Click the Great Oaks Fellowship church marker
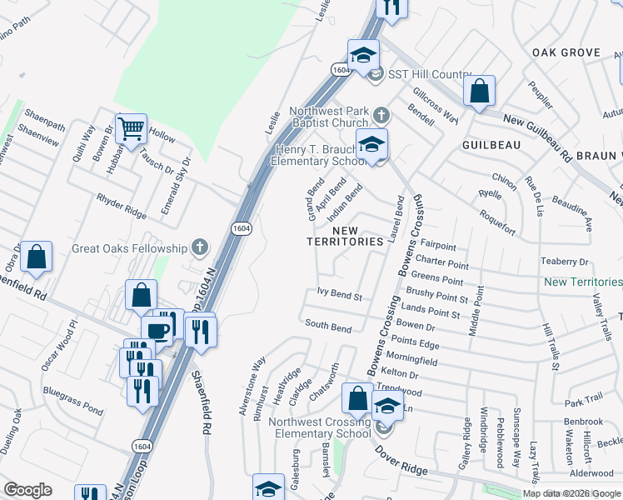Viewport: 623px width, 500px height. pos(198,247)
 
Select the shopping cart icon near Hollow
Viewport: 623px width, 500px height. pos(131,128)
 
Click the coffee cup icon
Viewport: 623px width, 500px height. pos(157,330)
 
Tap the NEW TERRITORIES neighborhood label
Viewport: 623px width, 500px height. pos(357,236)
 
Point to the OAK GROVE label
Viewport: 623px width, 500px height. pos(566,52)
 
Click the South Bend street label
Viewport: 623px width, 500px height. pos(328,326)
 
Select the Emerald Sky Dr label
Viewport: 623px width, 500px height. pos(176,187)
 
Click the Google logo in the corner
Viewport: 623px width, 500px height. pos(27,490)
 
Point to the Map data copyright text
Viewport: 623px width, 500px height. pos(572,493)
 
